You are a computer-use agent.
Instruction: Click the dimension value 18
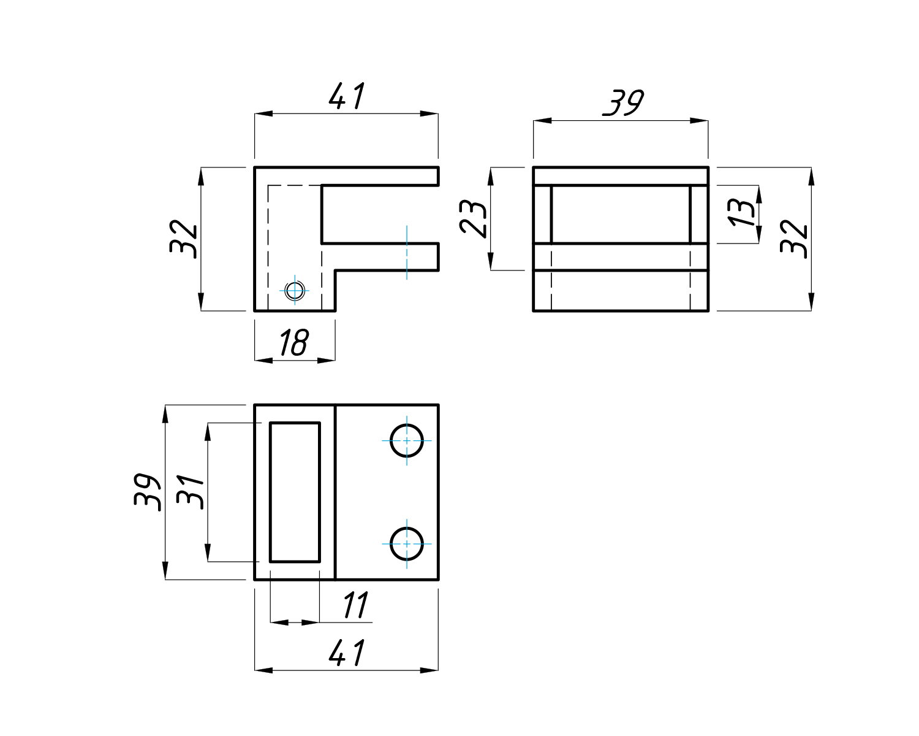tap(294, 343)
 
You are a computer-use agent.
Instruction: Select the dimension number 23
tap(474, 218)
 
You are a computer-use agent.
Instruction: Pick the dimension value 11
tap(355, 606)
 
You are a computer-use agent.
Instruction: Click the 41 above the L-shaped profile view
tap(347, 96)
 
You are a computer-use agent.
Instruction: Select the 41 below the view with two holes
tap(347, 653)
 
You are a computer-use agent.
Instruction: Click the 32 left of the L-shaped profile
tap(184, 238)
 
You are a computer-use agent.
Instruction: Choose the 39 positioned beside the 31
tap(147, 491)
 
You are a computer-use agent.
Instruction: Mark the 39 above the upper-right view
tap(623, 103)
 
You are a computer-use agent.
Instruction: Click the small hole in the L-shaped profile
tap(295, 290)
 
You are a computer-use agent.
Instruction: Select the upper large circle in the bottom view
tap(407, 440)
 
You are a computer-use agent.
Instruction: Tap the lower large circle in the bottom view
tap(407, 543)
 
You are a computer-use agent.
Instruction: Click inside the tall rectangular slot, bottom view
tap(295, 492)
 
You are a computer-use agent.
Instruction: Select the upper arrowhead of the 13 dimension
tap(759, 194)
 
